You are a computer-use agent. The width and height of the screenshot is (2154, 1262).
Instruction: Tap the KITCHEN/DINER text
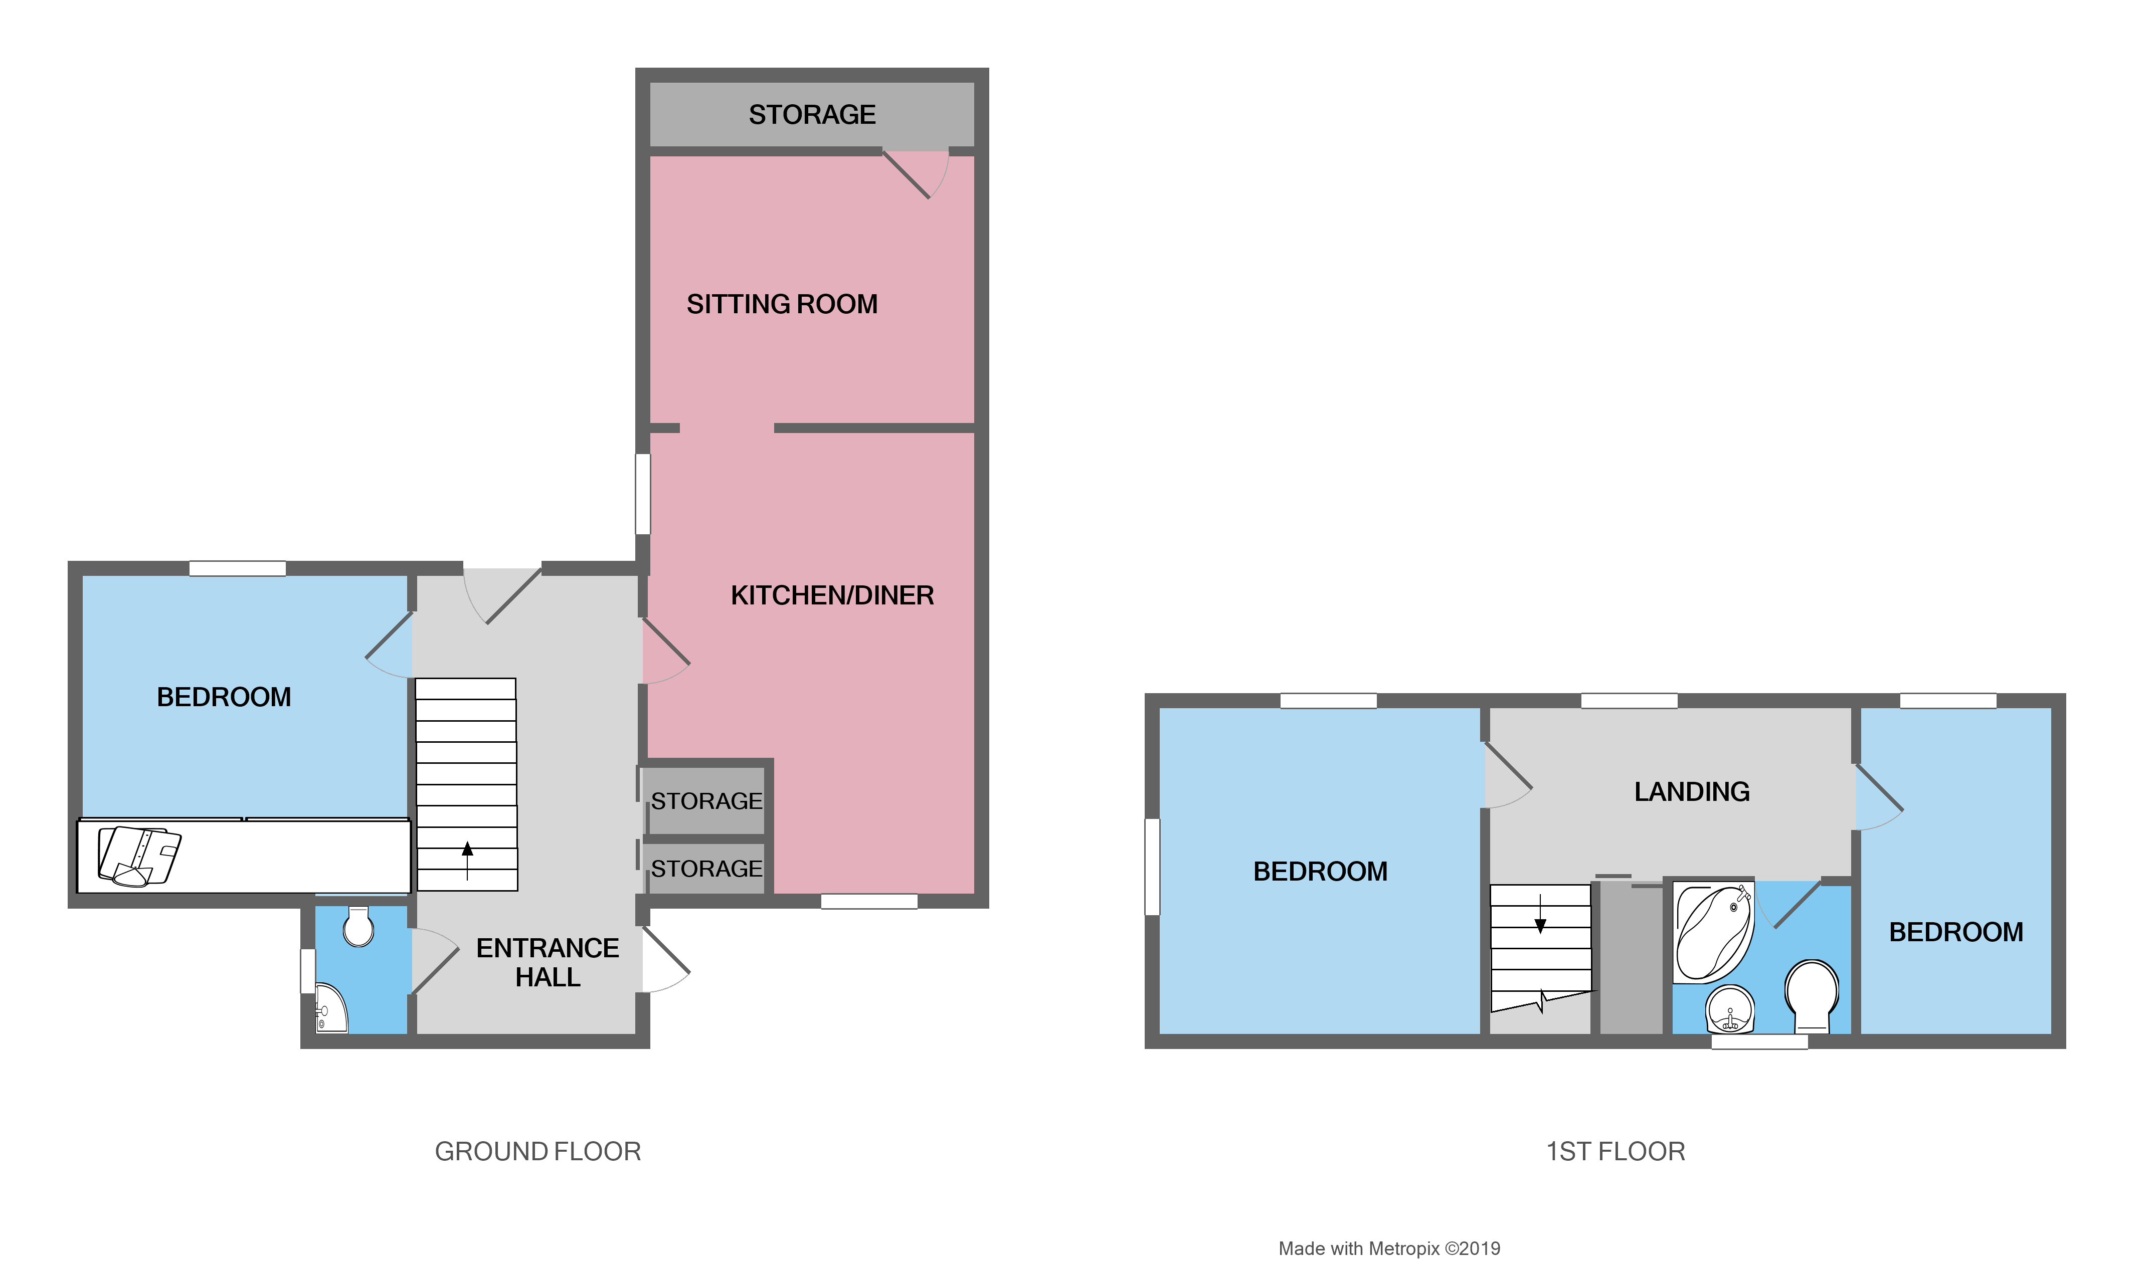pos(832,595)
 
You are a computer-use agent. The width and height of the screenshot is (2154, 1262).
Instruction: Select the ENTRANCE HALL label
pos(547,962)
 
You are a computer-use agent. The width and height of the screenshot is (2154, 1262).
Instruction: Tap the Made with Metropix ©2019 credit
pos(1389,1248)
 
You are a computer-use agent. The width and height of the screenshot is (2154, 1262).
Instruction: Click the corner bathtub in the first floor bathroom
pos(1712,934)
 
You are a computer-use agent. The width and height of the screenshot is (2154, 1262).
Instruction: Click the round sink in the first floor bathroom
pos(1729,1009)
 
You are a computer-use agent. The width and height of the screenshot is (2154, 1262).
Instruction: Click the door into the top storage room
pos(913,173)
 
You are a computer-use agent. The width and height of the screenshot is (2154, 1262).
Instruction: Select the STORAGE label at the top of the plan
pos(812,114)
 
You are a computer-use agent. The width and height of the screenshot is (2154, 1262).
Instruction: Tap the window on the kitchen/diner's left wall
pos(643,494)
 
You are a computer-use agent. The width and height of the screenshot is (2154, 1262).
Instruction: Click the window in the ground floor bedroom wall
pos(238,568)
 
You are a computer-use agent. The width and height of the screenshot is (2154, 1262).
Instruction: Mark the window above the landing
pos(1629,701)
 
